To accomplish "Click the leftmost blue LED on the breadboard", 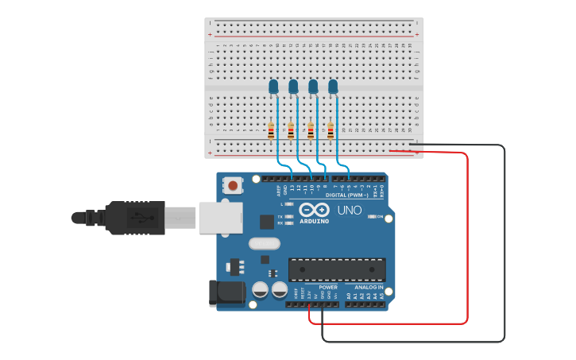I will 273,86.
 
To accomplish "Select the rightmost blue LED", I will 333,86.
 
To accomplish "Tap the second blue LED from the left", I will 293,86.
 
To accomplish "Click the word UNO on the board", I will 350,211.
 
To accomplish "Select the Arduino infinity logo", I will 314,210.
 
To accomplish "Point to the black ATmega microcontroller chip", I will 336,270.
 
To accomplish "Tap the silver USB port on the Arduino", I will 218,217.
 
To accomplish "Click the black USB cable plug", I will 135,217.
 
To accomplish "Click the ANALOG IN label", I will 369,287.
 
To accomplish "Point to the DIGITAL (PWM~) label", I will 346,195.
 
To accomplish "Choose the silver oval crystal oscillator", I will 265,244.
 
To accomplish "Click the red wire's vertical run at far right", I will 467,238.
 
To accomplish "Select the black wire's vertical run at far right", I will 504,238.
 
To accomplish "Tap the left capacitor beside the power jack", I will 260,290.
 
